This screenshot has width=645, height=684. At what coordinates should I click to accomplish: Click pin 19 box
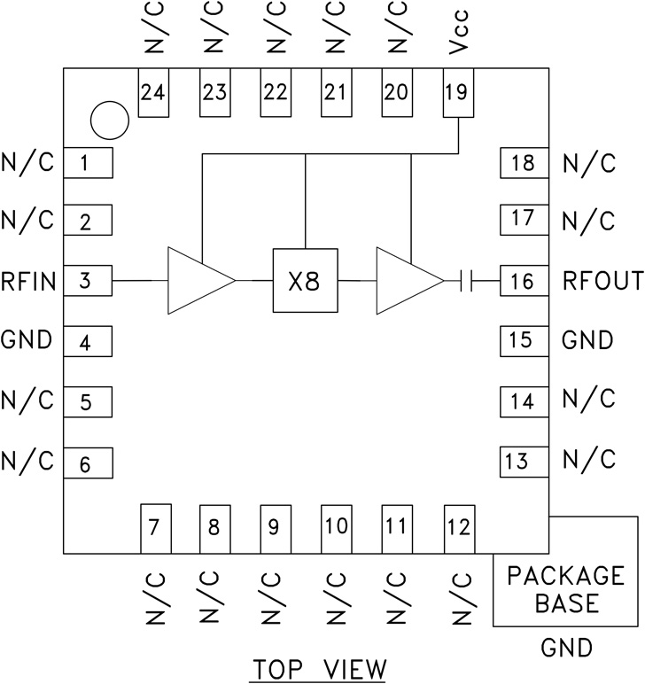[457, 93]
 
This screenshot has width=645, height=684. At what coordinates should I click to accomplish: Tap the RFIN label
[28, 282]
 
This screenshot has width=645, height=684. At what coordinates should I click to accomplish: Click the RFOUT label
[602, 282]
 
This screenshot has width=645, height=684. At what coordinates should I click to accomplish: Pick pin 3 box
[86, 282]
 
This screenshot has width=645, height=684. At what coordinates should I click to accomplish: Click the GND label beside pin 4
[27, 341]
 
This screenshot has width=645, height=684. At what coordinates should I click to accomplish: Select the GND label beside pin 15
[588, 341]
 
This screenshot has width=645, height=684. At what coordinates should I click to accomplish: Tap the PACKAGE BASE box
[564, 590]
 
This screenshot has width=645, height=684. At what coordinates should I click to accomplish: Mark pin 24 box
[154, 93]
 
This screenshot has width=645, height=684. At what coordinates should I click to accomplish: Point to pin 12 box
[457, 529]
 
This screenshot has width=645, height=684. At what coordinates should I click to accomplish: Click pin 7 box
[154, 529]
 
